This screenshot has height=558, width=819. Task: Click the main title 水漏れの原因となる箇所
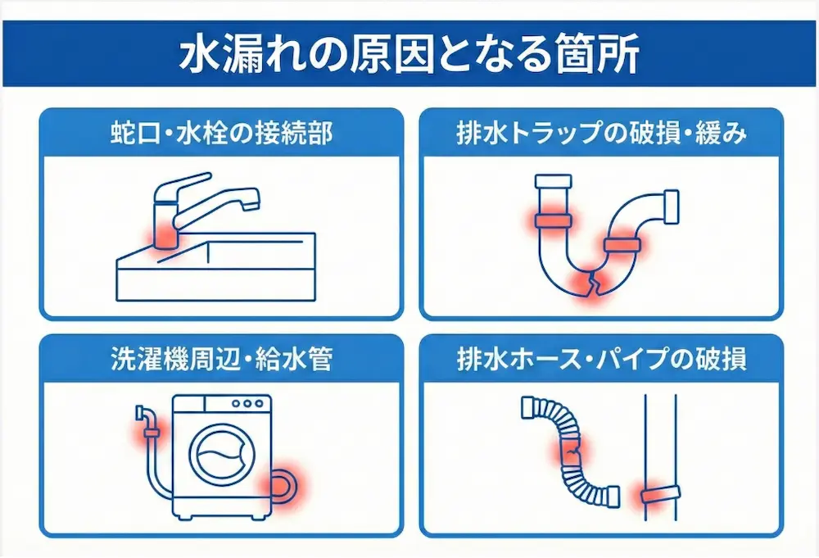click(x=409, y=54)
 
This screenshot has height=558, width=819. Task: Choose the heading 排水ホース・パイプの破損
click(x=601, y=358)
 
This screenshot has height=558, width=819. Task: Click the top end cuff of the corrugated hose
click(x=528, y=406)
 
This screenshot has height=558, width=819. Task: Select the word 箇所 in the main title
click(x=604, y=54)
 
